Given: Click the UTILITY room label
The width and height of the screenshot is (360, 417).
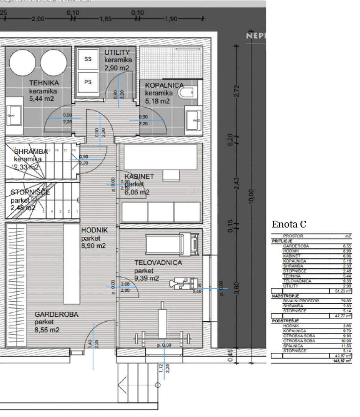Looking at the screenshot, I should [117, 52].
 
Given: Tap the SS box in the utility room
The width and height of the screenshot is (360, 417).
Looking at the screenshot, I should [88, 59].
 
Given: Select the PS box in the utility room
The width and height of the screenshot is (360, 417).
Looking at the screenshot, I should [88, 82].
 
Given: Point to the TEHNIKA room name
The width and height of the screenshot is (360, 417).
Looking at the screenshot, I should [44, 83].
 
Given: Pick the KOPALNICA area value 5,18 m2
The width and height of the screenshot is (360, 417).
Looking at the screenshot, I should [157, 101].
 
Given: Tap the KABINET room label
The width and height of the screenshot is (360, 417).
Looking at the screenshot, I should [139, 176].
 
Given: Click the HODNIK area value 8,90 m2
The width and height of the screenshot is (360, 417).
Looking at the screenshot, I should [94, 246].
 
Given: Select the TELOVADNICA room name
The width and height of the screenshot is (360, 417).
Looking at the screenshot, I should [158, 263].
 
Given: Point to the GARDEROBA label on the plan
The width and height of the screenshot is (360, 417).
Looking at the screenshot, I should [56, 314].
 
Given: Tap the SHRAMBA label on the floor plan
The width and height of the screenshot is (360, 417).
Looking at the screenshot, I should [31, 152].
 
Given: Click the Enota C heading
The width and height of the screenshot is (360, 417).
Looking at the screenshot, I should [289, 224].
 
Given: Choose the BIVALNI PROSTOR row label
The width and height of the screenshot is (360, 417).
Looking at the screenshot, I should [301, 301].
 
